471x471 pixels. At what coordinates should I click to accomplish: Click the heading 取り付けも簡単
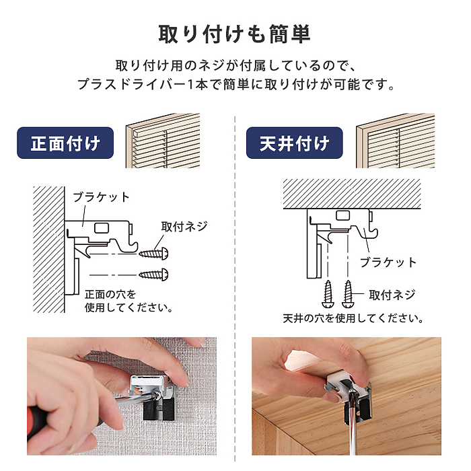235,34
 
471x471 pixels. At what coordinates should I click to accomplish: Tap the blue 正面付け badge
65,143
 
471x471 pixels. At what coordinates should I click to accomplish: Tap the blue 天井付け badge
295,143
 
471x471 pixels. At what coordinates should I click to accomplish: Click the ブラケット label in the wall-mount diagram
101,197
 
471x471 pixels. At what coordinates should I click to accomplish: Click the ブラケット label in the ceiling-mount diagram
388,262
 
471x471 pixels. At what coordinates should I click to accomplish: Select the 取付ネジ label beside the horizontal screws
184,227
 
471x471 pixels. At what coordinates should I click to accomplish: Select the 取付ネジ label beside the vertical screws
392,295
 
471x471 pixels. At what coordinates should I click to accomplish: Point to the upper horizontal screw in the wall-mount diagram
153,254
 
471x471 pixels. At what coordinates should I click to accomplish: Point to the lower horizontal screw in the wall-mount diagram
153,275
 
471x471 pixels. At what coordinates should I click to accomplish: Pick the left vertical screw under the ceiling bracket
328,294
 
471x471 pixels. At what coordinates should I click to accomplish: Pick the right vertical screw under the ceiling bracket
348,294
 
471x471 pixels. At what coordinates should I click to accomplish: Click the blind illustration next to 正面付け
163,141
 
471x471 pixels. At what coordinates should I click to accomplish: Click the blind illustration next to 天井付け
396,141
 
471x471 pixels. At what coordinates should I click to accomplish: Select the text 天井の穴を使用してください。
353,318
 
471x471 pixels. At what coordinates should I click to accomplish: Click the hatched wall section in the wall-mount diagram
49,250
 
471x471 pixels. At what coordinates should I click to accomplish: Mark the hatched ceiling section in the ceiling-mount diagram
352,194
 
